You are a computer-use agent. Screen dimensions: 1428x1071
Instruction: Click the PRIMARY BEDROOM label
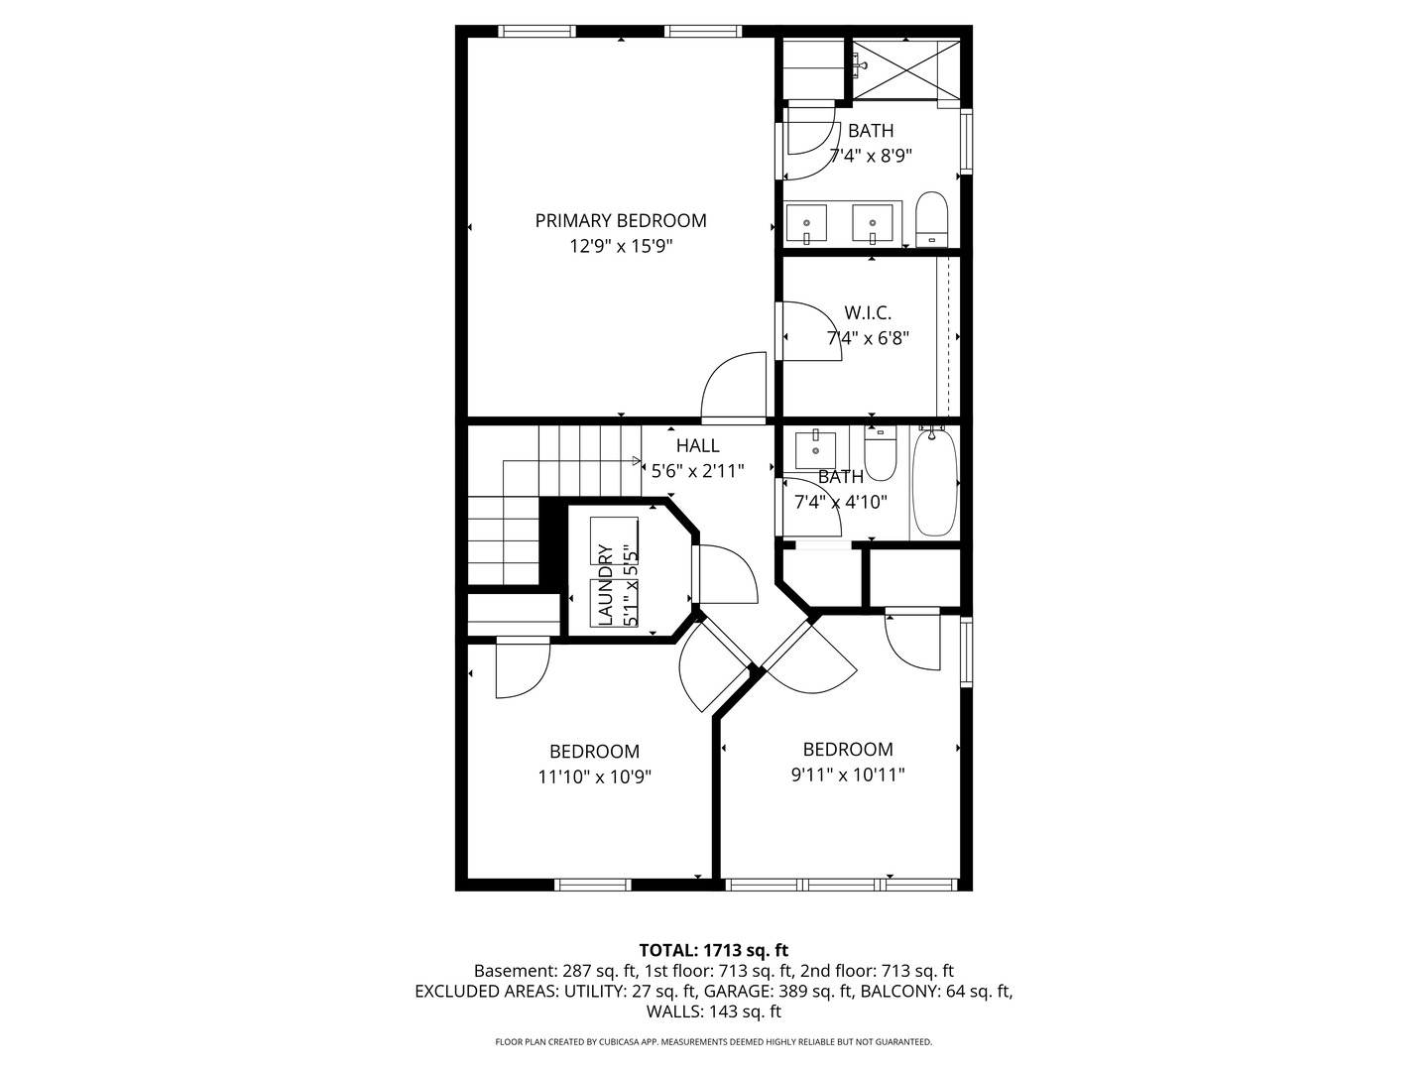(620, 221)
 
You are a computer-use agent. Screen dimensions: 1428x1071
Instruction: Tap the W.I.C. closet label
(867, 312)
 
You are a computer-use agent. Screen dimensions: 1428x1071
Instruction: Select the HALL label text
(697, 445)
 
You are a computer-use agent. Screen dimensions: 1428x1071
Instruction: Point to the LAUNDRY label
(605, 585)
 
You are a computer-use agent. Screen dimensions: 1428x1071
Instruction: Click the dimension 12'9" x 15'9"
(621, 247)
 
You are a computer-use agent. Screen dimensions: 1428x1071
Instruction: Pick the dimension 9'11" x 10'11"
(848, 775)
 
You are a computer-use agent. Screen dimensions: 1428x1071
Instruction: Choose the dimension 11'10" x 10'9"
(595, 777)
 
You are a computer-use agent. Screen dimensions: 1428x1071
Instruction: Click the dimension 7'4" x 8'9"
(871, 156)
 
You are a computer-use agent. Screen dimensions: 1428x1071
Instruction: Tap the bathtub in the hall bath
(935, 481)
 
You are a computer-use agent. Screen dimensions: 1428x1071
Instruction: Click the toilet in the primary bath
(931, 219)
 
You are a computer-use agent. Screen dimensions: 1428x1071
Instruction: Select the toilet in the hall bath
(881, 453)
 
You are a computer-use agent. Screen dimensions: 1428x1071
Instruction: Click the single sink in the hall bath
(815, 449)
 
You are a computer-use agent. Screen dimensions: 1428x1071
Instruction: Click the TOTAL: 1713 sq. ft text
(714, 951)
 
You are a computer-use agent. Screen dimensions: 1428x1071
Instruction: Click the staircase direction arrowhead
(637, 461)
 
